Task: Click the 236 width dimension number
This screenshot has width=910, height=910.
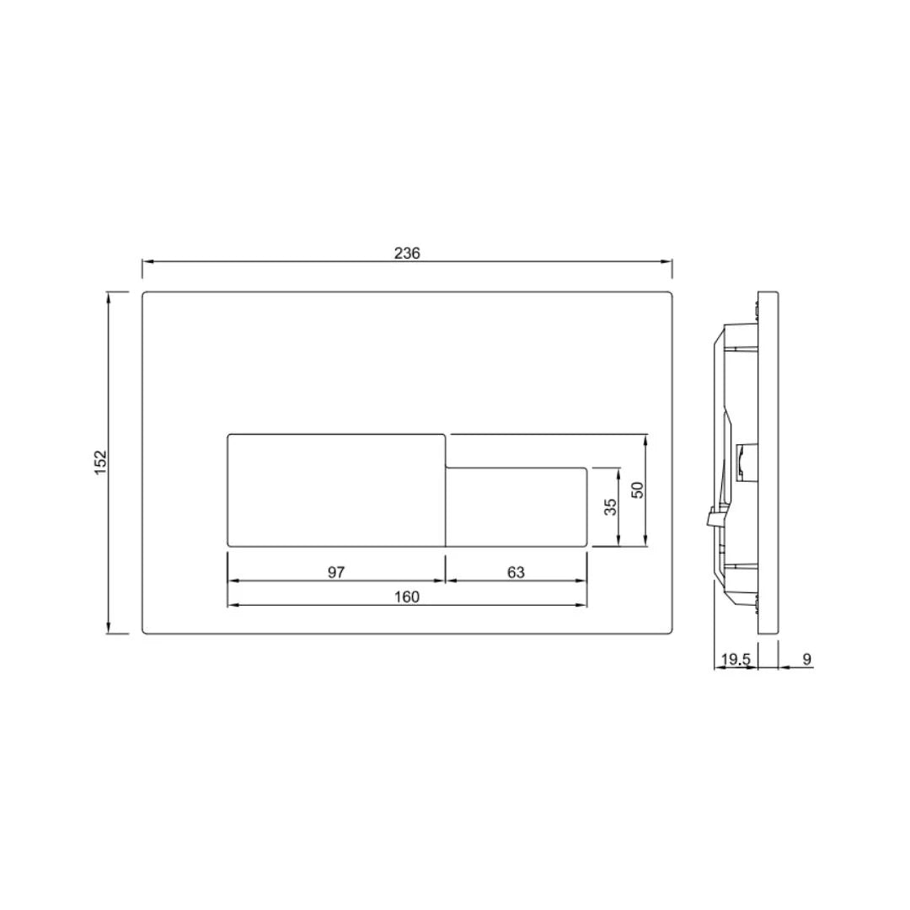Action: [407, 253]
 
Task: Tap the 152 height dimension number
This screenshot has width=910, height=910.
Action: [101, 462]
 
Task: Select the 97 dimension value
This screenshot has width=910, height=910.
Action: [336, 572]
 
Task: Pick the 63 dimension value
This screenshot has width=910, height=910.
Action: [516, 572]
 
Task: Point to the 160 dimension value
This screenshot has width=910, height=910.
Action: [406, 597]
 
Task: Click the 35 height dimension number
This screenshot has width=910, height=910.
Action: [611, 506]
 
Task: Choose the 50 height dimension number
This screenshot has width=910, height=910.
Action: [638, 490]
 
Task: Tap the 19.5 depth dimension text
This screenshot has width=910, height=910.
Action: [736, 659]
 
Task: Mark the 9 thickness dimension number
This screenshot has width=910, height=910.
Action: [806, 659]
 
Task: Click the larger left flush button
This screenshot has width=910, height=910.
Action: [336, 490]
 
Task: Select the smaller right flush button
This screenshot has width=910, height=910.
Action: [516, 507]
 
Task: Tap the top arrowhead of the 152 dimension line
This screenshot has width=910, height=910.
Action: [109, 297]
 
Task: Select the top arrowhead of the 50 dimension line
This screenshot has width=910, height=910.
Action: [645, 439]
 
